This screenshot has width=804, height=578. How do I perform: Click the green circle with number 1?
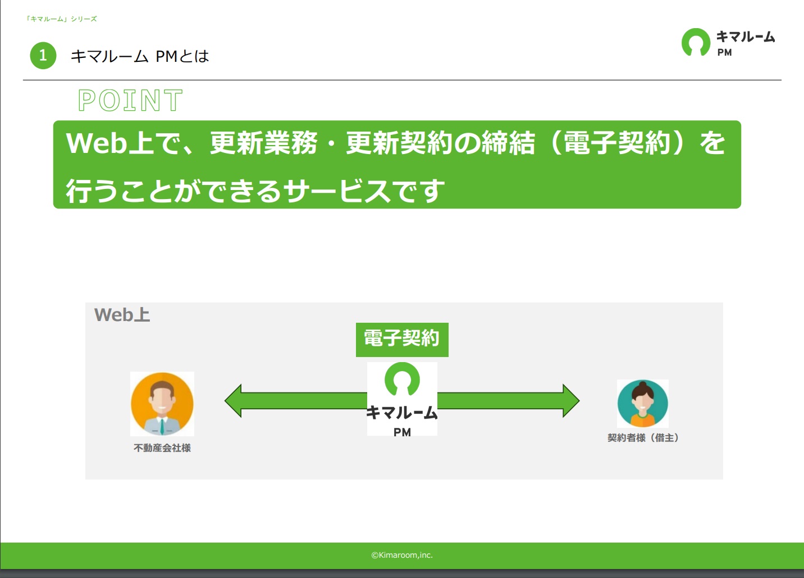43,55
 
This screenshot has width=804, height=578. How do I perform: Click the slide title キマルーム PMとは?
140,56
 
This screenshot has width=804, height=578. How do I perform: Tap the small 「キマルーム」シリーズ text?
61,19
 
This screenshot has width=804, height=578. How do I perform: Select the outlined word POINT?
130,100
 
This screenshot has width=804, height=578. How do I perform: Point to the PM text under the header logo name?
724,52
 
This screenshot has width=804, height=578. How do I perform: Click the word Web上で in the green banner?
122,143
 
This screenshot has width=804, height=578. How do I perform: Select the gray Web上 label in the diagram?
122,314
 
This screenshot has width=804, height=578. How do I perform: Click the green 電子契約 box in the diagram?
402,340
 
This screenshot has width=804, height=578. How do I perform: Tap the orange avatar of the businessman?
162,404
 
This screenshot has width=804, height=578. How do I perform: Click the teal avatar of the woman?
642,403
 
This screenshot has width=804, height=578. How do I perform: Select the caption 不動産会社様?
162,448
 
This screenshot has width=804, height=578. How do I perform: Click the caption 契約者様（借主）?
643,437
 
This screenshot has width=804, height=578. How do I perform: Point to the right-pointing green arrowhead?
571,400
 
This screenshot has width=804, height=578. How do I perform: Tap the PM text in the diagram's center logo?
402,432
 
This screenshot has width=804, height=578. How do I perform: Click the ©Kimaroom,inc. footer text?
402,555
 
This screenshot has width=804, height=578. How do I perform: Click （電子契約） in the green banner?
616,143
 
